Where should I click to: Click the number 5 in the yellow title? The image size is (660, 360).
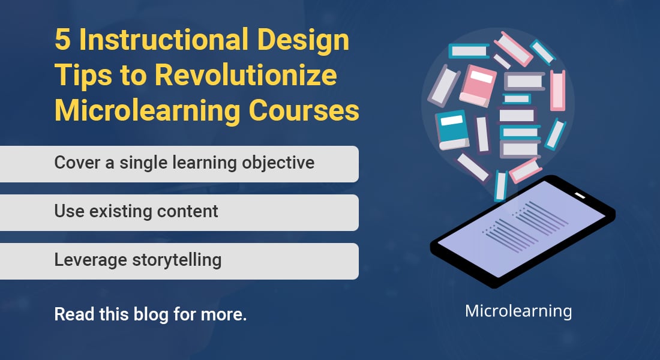62,40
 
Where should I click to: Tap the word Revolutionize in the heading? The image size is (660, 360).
246,76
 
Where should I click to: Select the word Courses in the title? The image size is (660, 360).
304,111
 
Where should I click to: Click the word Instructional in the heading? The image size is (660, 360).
163,40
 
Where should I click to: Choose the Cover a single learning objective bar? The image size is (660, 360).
179,164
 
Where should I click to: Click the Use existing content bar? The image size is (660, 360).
179,212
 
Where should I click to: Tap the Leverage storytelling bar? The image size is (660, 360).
179,261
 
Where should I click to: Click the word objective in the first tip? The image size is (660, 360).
278,164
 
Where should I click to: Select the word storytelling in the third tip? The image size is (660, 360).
177,260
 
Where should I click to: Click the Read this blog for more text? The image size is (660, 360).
150,314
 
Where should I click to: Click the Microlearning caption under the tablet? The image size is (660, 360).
518,311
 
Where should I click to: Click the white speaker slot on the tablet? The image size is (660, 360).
580,196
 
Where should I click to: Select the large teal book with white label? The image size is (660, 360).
452,129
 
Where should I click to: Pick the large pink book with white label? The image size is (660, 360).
478,85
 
